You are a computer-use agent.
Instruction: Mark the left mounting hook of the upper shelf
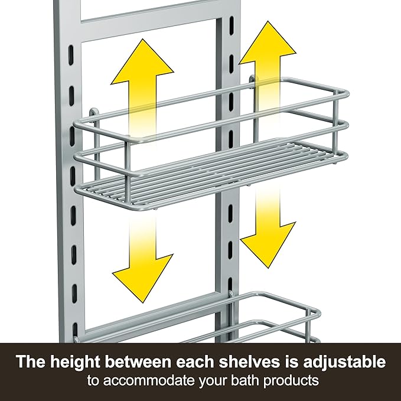pyautogui.click(x=93, y=112)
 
